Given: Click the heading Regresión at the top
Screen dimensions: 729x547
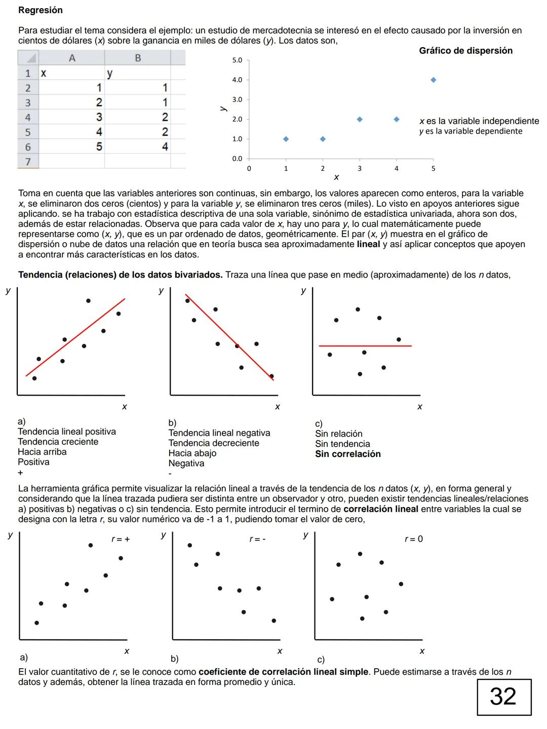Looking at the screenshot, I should [41, 10].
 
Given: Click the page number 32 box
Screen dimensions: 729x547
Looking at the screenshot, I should [503, 697].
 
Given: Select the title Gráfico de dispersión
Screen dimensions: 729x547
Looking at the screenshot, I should [465, 51].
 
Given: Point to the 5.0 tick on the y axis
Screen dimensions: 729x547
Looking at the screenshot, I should [237, 60].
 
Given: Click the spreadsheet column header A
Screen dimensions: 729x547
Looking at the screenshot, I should [72, 58].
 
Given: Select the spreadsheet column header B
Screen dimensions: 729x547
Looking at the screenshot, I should [138, 58].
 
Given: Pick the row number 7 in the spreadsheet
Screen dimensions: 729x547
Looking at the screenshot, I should [28, 162].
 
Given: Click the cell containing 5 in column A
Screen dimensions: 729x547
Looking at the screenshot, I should [99, 147].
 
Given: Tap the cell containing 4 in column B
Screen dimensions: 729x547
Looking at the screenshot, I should [165, 147].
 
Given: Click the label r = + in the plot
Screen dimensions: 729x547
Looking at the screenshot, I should [121, 540].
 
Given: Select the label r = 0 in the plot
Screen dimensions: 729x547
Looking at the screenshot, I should [413, 539].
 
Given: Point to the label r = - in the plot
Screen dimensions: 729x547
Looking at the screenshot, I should [257, 540].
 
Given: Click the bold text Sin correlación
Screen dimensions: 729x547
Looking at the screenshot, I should [347, 454].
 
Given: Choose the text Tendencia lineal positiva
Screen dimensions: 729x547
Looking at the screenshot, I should [67, 432].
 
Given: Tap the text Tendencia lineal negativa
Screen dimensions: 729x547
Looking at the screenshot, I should [219, 433].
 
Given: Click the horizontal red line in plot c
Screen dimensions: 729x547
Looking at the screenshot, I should [365, 346].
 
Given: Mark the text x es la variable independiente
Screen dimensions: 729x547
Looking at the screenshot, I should [479, 121].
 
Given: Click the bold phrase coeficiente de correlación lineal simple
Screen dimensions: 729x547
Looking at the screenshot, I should [283, 672].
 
